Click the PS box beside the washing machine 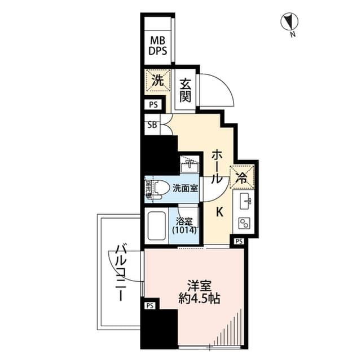[x=153, y=104]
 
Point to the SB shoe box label [x=152, y=125]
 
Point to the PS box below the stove [x=239, y=241]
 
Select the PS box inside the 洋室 [x=149, y=306]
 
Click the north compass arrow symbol [x=291, y=22]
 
